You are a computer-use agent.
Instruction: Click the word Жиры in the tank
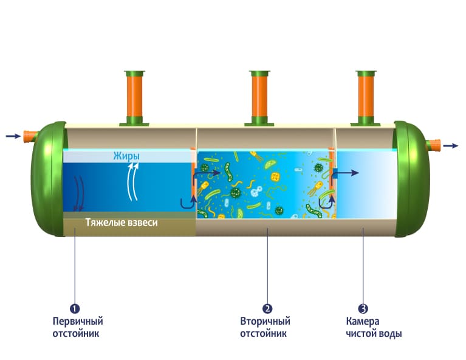pyautogui.click(x=126, y=157)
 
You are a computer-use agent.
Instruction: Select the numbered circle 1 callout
pyautogui.click(x=75, y=308)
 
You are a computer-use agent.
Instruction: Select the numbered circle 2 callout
pyautogui.click(x=266, y=308)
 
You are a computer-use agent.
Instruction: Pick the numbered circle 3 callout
pyautogui.click(x=363, y=308)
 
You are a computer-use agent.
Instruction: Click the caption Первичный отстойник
pyautogui.click(x=77, y=327)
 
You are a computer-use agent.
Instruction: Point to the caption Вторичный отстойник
pyautogui.click(x=265, y=327)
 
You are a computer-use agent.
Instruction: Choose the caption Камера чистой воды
pyautogui.click(x=374, y=327)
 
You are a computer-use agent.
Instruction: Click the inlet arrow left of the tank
pyautogui.click(x=13, y=136)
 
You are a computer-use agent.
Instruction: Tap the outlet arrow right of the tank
pyautogui.click(x=451, y=145)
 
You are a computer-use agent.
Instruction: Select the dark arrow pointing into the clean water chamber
pyautogui.click(x=346, y=173)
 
